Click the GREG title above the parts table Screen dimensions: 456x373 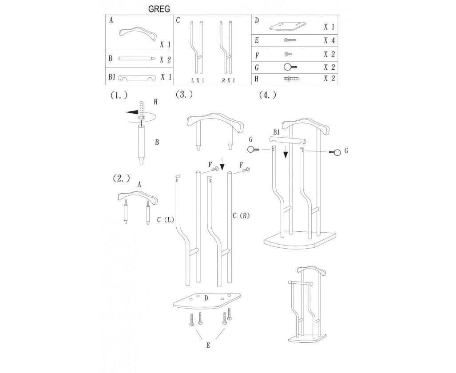pyautogui.click(x=159, y=9)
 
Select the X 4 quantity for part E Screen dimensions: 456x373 pyautogui.click(x=329, y=40)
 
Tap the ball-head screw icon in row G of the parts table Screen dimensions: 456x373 pyautogui.click(x=290, y=67)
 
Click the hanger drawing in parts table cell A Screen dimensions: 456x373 pyautogui.click(x=137, y=36)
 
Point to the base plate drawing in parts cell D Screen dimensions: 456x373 pyautogui.click(x=287, y=26)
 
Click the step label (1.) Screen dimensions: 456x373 pyautogui.click(x=119, y=95)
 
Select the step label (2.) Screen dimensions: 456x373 pyautogui.click(x=121, y=178)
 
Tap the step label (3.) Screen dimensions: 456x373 pyautogui.click(x=184, y=94)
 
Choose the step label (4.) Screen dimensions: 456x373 pyautogui.click(x=268, y=95)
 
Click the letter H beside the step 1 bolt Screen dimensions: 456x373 pyautogui.click(x=155, y=102)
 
